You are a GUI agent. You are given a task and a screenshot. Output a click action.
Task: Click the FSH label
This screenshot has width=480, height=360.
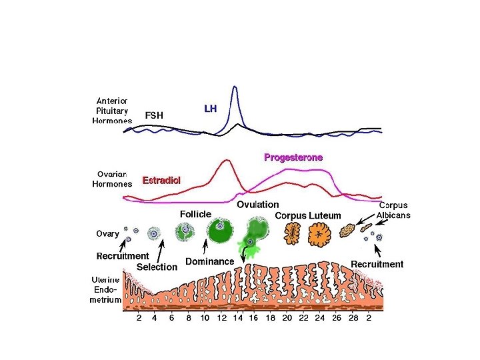pos(154,115)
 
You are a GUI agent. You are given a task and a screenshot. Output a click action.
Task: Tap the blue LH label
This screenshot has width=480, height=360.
pos(210,108)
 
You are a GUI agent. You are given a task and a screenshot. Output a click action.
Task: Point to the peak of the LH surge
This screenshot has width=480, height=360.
pos(235,87)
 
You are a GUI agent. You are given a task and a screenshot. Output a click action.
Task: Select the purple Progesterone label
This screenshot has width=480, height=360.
pos(293,158)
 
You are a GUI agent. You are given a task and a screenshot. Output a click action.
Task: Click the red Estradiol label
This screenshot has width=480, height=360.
pos(161,181)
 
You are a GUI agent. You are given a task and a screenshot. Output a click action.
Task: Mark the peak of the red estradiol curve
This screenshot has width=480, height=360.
pos(227,160)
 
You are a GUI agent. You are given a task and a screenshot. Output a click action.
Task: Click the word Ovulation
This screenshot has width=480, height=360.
pos(258,205)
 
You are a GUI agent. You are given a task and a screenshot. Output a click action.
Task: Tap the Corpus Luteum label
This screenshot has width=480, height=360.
pos(308,216)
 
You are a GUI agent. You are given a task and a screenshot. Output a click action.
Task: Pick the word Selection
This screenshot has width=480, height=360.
pos(157,267)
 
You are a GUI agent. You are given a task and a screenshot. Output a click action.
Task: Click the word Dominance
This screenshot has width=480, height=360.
pos(209,261)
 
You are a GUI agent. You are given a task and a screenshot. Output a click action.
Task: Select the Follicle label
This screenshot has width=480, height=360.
pos(195,214)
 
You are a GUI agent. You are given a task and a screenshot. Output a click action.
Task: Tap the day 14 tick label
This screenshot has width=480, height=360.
pos(238,319)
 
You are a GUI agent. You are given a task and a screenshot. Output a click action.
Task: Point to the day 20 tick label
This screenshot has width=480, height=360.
pos(287,319)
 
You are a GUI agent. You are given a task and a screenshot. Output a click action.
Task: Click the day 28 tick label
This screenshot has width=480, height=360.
pos(353,319)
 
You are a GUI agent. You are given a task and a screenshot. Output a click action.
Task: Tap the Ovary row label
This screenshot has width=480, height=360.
pos(107,234)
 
